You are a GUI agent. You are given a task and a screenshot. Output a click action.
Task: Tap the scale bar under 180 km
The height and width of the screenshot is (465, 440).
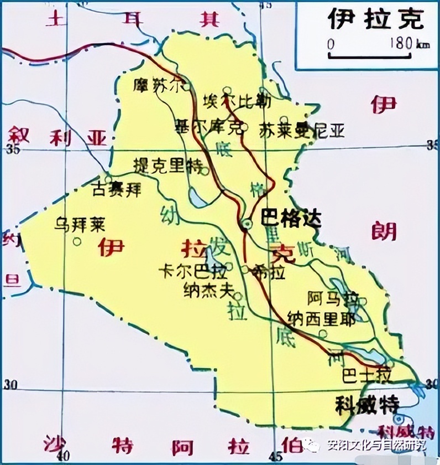click(370, 56)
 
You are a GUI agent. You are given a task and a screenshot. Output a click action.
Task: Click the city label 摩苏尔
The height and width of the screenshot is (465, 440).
click(156, 85)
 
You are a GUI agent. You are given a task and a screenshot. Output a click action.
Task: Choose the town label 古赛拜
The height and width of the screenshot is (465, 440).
click(117, 189)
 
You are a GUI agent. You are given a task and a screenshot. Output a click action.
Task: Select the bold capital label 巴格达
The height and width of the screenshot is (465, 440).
click(291, 219)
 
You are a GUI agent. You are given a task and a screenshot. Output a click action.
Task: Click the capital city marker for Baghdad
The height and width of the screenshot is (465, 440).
click(246, 223)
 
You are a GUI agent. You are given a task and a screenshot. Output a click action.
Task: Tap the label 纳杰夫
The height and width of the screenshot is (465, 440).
click(207, 291)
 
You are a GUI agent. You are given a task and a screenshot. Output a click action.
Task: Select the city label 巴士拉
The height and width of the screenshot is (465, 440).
click(367, 376)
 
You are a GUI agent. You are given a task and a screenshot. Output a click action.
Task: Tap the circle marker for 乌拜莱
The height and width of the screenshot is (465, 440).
click(77, 241)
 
